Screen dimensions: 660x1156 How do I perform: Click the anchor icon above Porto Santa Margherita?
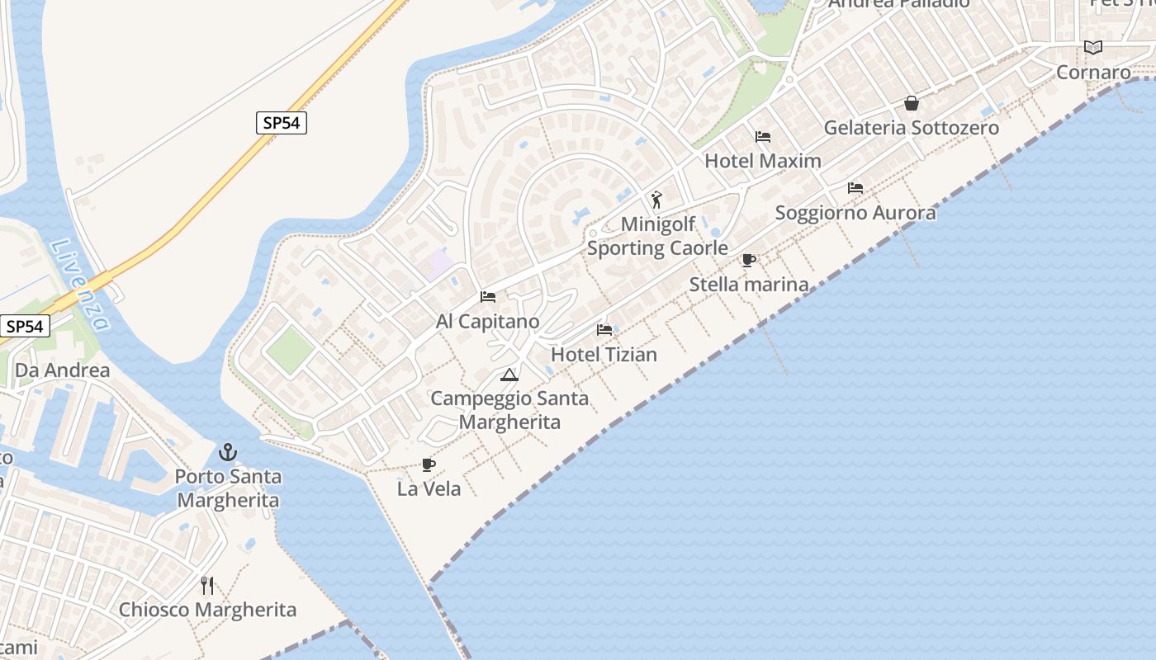pyautogui.click(x=228, y=452)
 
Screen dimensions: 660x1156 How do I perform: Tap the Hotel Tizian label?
pyautogui.click(x=604, y=355)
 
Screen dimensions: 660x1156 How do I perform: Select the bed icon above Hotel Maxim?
pyautogui.click(x=763, y=136)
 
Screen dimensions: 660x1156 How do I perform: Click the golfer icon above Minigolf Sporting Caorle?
pyautogui.click(x=657, y=200)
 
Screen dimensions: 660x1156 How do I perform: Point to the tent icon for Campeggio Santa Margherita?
pyautogui.click(x=509, y=375)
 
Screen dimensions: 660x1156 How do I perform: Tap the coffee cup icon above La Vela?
pyautogui.click(x=429, y=464)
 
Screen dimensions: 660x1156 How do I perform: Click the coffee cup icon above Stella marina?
pyautogui.click(x=749, y=261)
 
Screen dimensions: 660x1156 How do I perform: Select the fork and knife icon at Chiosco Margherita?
pyautogui.click(x=207, y=586)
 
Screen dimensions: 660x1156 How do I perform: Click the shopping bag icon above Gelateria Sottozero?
pyautogui.click(x=912, y=103)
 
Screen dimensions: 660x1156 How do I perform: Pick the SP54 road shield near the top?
pyautogui.click(x=282, y=123)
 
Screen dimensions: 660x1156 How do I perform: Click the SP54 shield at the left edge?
pyautogui.click(x=25, y=326)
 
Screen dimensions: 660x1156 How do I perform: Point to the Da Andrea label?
pyautogui.click(x=63, y=370)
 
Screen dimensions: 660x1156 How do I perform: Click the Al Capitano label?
pyautogui.click(x=487, y=322)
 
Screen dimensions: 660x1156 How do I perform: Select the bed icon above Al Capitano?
pyautogui.click(x=488, y=296)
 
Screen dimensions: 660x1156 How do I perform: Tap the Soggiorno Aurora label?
pyautogui.click(x=855, y=213)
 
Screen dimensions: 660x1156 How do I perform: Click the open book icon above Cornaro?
pyautogui.click(x=1093, y=48)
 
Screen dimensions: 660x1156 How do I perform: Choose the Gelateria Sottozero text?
pyautogui.click(x=912, y=128)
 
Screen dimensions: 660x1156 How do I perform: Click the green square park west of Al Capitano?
pyautogui.click(x=290, y=349)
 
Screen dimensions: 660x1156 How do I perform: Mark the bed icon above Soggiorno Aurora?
pyautogui.click(x=855, y=188)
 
